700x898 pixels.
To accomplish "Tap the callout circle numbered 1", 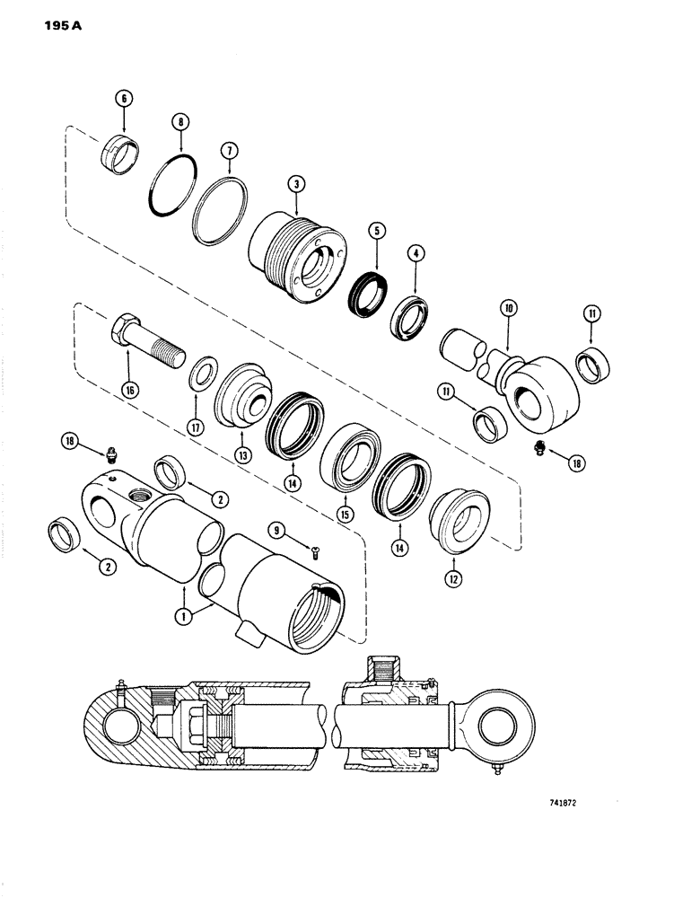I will (185, 616).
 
